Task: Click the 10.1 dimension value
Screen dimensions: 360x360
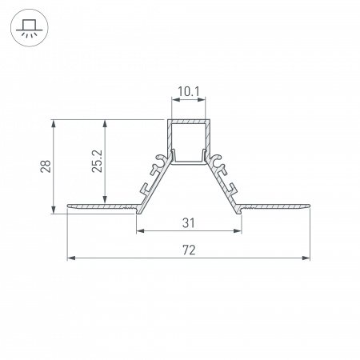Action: pos(189,92)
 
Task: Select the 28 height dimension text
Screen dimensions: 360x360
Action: pos(46,166)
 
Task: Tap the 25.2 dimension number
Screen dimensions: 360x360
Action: pos(97,161)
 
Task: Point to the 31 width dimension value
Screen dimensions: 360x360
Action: pos(189,223)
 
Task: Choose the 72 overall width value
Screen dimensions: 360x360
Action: pos(189,250)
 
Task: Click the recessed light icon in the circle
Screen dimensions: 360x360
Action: pos(29,29)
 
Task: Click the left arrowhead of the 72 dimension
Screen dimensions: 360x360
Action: pos(70,258)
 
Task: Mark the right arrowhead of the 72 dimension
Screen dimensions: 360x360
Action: pos(306,258)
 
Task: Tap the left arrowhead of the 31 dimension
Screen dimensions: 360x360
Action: pos(140,230)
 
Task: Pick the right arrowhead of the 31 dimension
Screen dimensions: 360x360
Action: pos(238,230)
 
